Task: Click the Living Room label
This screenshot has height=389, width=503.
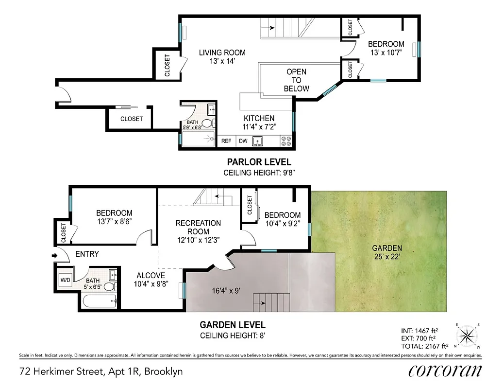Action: click(222, 57)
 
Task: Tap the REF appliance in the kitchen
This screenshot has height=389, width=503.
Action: click(226, 141)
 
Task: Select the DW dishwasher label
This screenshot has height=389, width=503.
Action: click(243, 141)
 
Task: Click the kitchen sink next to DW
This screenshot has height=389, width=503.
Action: click(258, 141)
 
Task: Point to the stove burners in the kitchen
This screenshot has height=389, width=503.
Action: click(285, 141)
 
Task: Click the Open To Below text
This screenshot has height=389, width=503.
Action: click(296, 80)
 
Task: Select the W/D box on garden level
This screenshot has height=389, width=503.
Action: click(65, 280)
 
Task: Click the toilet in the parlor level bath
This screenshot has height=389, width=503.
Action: click(207, 124)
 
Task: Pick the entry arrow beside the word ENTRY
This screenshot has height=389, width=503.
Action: click(54, 254)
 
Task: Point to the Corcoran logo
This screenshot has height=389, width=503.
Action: click(445, 371)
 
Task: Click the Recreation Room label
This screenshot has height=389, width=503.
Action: click(198, 231)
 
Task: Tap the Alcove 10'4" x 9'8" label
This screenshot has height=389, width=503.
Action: click(150, 281)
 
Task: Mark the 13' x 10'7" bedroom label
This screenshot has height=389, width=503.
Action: click(386, 48)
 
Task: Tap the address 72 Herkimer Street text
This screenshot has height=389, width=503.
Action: click(101, 372)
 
